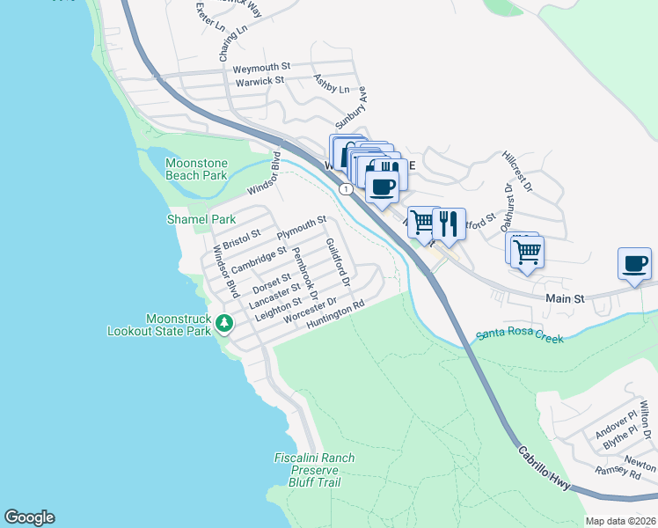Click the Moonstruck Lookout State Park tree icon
pyautogui.click(x=224, y=323)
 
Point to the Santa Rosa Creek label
pyautogui.click(x=520, y=334)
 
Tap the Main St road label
pyautogui.click(x=565, y=299)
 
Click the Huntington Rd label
pyautogui.click(x=335, y=317)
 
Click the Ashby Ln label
pyautogui.click(x=332, y=84)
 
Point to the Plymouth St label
pyautogui.click(x=302, y=228)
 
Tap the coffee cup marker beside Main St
pyautogui.click(x=635, y=263)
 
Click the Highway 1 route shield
pyautogui.click(x=348, y=188)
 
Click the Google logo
pyautogui.click(x=29, y=517)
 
